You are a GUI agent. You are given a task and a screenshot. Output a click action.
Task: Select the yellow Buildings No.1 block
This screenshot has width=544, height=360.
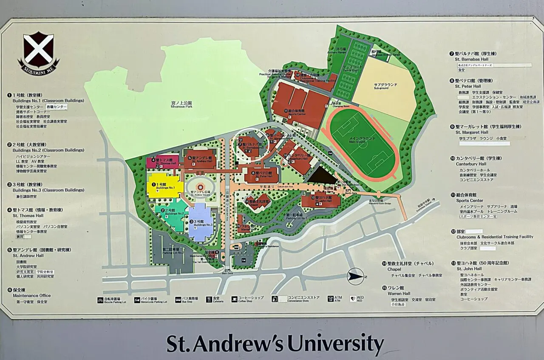[165, 185]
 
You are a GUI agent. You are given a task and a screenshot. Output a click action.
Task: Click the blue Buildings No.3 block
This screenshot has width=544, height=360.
[201, 222]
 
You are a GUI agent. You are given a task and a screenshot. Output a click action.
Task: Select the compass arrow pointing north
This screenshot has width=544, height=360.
[355, 277]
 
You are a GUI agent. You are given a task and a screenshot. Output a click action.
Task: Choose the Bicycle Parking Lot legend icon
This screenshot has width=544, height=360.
[100, 300]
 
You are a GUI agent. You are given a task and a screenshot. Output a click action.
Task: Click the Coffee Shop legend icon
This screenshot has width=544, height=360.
[234, 299]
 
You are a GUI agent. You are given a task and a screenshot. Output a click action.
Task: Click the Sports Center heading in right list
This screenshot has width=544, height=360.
[469, 200]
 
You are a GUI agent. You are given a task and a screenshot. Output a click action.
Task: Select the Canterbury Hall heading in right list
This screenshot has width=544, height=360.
[471, 164]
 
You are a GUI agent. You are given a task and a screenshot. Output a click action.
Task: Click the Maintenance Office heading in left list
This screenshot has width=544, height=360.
[31, 295]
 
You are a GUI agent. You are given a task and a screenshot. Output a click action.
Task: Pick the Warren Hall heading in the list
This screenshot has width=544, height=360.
[399, 293]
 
